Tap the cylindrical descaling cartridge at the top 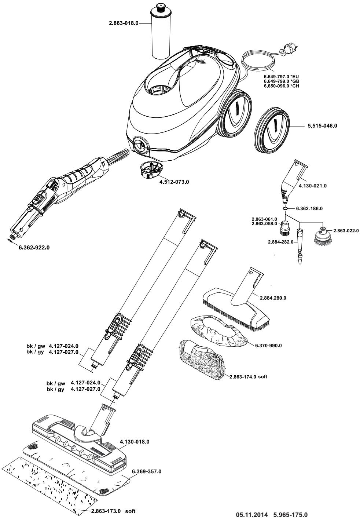click(160, 33)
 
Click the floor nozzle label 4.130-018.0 click(135, 442)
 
